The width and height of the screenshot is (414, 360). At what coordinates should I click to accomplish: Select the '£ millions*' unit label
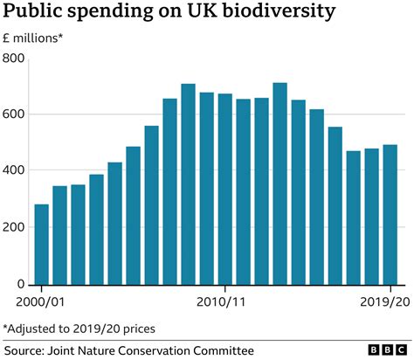point(33,38)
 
